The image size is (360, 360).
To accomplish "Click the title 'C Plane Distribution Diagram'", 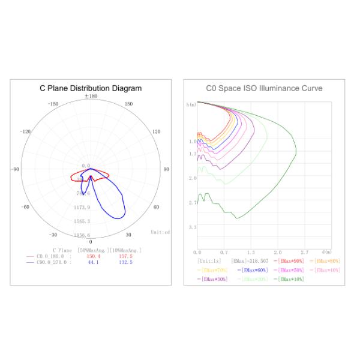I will pyautogui.click(x=91, y=88).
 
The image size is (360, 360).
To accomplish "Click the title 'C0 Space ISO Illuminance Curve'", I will pyautogui.click(x=264, y=88).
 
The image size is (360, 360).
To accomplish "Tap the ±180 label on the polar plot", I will pyautogui.click(x=91, y=96).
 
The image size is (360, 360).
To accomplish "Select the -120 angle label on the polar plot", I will pyautogui.click(x=26, y=131).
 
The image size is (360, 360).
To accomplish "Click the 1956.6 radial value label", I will pyautogui.click(x=81, y=235).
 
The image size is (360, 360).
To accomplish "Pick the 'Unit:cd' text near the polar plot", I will pyautogui.click(x=160, y=231).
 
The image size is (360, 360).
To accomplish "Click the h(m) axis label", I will pyautogui.click(x=191, y=105).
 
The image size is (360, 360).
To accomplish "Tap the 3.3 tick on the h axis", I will pyautogui.click(x=192, y=228).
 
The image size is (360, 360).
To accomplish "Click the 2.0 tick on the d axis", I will pyautogui.click(x=277, y=252).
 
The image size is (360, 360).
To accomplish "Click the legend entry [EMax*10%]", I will pyautogui.click(x=291, y=279).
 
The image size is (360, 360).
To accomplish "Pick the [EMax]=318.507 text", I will pyautogui.click(x=249, y=261).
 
